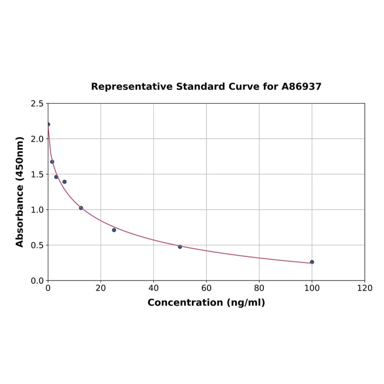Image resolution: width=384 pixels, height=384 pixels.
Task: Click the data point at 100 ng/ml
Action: pyautogui.click(x=312, y=262)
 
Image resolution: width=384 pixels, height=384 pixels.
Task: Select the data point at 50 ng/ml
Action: pyautogui.click(x=180, y=247)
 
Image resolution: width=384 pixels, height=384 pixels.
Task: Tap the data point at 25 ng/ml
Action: pyautogui.click(x=114, y=230)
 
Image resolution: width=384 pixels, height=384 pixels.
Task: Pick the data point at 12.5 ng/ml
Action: pyautogui.click(x=81, y=208)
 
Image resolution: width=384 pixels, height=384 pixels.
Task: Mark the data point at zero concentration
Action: pyautogui.click(x=48, y=124)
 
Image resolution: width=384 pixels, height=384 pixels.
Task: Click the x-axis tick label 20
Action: pyautogui.click(x=101, y=288)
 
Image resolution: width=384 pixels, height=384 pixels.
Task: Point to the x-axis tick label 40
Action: pyautogui.click(x=153, y=288)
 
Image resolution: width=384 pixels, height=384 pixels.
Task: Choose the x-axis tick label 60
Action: pyautogui.click(x=206, y=288)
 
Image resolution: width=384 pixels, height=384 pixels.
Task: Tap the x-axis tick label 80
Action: pyautogui.click(x=259, y=288)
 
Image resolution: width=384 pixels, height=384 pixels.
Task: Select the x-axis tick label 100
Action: pyautogui.click(x=312, y=288)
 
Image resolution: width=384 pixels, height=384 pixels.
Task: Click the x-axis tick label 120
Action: pyautogui.click(x=364, y=288)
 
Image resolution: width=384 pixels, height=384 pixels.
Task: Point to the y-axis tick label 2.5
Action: pyautogui.click(x=37, y=104)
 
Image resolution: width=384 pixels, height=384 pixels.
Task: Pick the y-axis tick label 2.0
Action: pyautogui.click(x=37, y=139)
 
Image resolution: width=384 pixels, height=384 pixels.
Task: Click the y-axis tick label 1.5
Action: pyautogui.click(x=37, y=174)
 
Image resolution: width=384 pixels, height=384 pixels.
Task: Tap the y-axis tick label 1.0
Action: pyautogui.click(x=37, y=210)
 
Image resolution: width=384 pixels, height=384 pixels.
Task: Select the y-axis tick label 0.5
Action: pyautogui.click(x=37, y=245)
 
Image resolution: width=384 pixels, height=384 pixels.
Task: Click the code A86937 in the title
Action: pyautogui.click(x=301, y=86)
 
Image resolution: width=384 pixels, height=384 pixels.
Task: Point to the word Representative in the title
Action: pyautogui.click(x=132, y=86)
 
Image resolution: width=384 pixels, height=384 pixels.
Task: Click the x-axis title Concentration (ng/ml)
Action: pyautogui.click(x=206, y=303)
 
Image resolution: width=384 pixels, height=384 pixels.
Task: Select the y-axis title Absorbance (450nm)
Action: pyautogui.click(x=20, y=191)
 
